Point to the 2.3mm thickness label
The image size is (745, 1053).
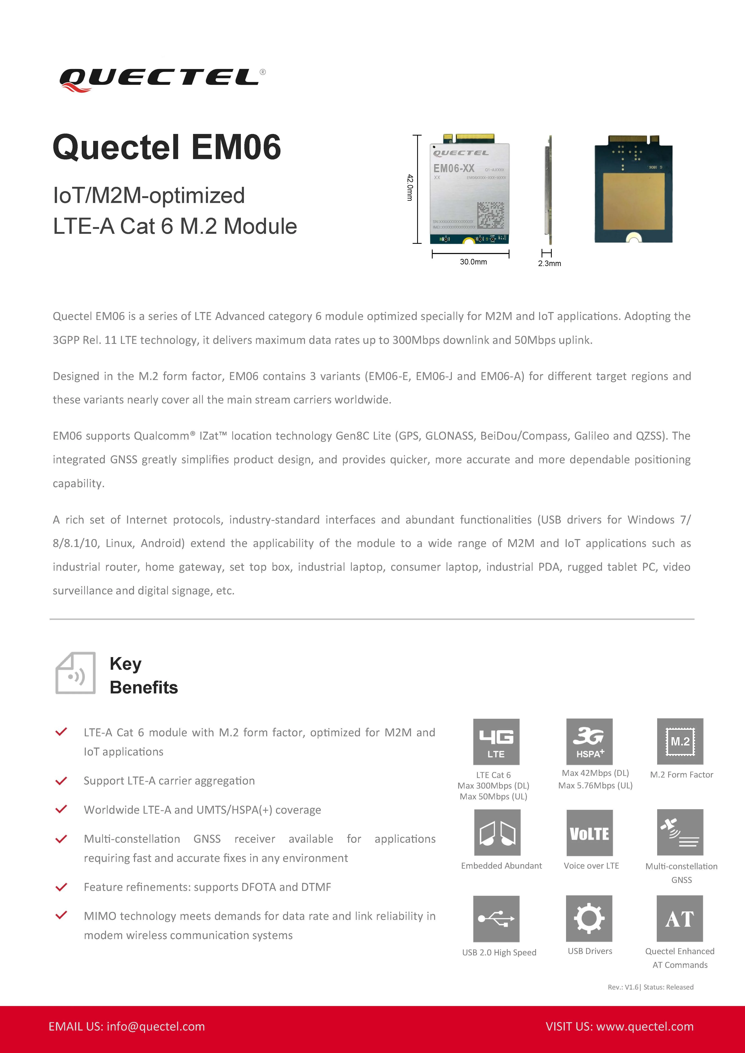[x=549, y=263]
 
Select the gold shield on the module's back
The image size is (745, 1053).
[x=633, y=202]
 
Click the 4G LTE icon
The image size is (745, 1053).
[x=496, y=742]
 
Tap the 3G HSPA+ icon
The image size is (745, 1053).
[x=590, y=742]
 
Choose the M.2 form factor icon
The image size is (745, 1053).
[x=680, y=742]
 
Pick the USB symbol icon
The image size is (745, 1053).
[x=496, y=919]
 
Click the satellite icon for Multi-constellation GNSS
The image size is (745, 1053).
[x=680, y=832]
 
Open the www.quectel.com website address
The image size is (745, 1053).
[x=644, y=1026]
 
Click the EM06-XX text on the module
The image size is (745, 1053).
[x=454, y=168]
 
